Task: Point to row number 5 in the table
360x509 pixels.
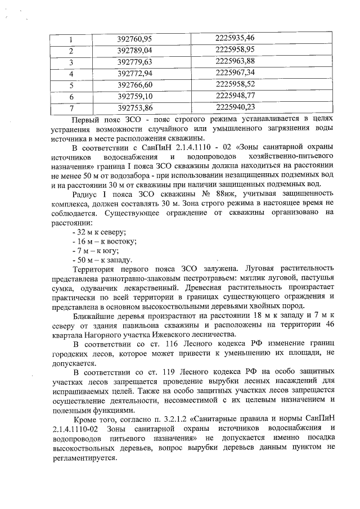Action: (x=71, y=85)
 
